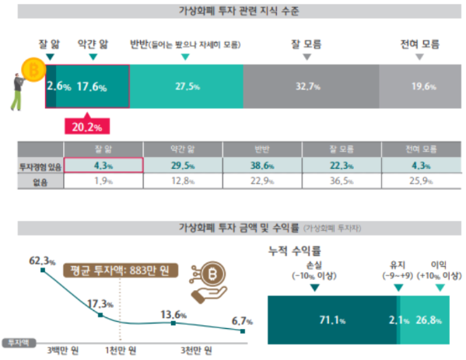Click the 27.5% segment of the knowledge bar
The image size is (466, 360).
click(185, 87)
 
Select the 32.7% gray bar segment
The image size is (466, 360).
click(310, 87)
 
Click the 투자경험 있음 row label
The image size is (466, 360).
click(39, 166)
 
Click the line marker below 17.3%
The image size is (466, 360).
click(100, 315)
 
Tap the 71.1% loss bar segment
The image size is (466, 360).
click(331, 318)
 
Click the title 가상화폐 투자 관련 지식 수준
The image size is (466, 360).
click(233, 11)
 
